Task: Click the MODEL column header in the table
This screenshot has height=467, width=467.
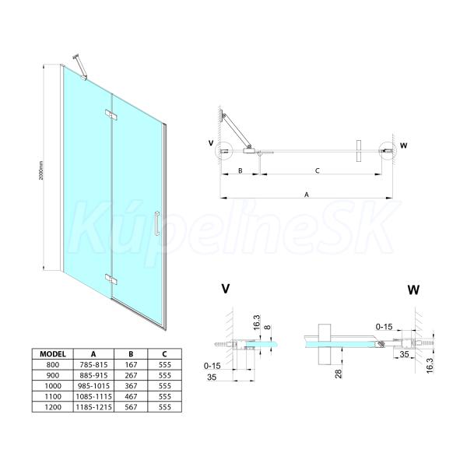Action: (x=53, y=354)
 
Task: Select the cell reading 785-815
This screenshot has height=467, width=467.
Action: (x=94, y=364)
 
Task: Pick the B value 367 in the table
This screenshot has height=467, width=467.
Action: (x=131, y=386)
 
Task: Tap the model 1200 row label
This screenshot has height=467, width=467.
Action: (x=53, y=407)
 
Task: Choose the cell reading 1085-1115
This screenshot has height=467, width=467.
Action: (x=94, y=396)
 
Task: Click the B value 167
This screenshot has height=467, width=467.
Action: (x=131, y=364)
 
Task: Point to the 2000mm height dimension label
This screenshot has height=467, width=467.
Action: (x=41, y=170)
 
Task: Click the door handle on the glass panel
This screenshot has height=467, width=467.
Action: (x=157, y=223)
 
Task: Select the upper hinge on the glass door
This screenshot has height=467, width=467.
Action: (x=111, y=114)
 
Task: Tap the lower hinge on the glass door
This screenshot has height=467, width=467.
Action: (x=111, y=279)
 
